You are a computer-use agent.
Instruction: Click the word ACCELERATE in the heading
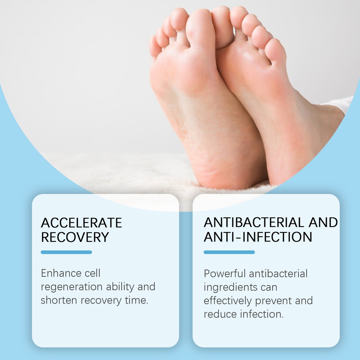tap(81, 223)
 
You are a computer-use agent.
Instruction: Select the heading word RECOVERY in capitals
tap(75, 237)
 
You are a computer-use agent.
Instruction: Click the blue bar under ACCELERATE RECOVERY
tap(66, 252)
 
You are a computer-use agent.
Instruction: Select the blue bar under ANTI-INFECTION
tap(229, 252)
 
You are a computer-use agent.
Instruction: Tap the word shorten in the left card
tap(59, 300)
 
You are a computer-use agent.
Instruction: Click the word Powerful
tap(225, 274)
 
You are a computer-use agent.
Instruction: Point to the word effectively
tap(227, 301)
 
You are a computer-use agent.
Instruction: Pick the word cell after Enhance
tap(92, 273)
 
